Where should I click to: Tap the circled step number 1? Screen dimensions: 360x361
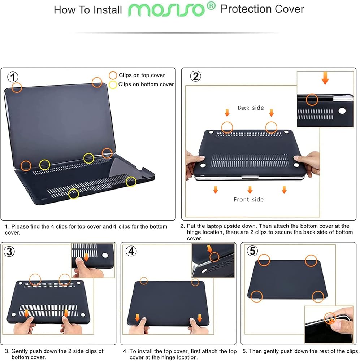point(13,77)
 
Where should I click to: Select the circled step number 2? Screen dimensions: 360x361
point(196,76)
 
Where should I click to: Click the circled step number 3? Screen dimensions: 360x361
point(9,251)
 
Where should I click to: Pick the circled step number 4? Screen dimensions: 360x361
point(131,251)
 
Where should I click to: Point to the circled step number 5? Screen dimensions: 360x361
point(252,251)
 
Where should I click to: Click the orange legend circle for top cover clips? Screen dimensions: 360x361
point(113,75)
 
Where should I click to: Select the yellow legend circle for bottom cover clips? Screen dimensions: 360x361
point(113,85)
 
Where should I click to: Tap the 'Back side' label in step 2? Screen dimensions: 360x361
point(251,108)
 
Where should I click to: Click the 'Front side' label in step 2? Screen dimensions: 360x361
point(248,199)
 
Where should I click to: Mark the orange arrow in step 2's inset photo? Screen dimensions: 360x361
point(325,78)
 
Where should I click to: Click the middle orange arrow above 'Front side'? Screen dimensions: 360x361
point(250,190)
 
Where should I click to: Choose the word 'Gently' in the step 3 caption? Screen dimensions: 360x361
point(19,351)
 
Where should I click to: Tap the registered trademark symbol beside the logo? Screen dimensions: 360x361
point(211,6)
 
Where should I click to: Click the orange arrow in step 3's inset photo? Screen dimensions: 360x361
point(86,257)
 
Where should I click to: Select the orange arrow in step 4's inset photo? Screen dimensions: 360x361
point(209,249)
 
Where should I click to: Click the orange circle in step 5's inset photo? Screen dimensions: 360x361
point(330,318)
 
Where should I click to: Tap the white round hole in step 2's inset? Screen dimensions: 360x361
point(342,111)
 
